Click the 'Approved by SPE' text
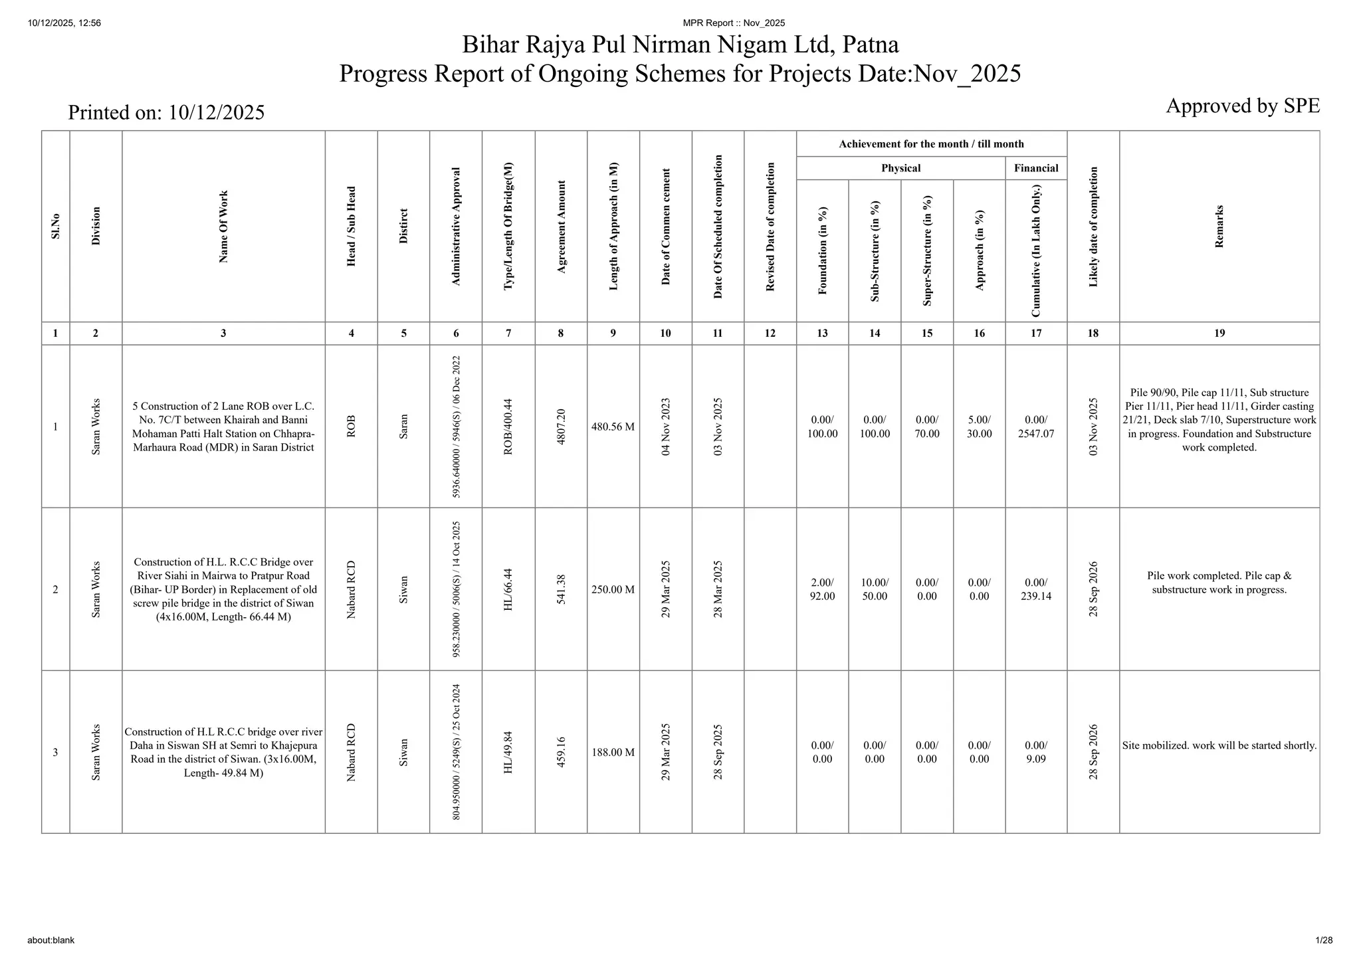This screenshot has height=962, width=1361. tap(1242, 106)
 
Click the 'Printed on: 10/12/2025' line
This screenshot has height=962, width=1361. tap(166, 113)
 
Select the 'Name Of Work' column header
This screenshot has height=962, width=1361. tap(223, 227)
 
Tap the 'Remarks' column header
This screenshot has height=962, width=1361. tap(1219, 227)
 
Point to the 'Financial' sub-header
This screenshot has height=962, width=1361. tap(1035, 168)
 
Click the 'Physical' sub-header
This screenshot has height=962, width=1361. tap(900, 168)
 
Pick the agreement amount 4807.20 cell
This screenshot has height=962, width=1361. tap(561, 427)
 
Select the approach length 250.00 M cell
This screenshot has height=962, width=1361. tap(613, 589)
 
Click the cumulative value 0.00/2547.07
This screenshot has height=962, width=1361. tap(1035, 427)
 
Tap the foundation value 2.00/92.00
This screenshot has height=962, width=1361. tap(822, 589)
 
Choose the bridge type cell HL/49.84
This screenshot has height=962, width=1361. tap(508, 752)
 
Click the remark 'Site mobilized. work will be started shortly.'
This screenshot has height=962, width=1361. tap(1219, 745)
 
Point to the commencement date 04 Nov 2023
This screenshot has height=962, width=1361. tap(665, 427)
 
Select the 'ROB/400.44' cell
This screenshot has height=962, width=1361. tap(508, 427)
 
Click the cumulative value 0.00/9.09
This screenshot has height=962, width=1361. tap(1035, 752)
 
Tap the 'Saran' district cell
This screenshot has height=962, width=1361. tap(403, 427)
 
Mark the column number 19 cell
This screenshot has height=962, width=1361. tap(1219, 334)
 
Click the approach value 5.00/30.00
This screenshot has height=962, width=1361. tap(979, 427)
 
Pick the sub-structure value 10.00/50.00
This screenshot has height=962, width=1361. tap(875, 589)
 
